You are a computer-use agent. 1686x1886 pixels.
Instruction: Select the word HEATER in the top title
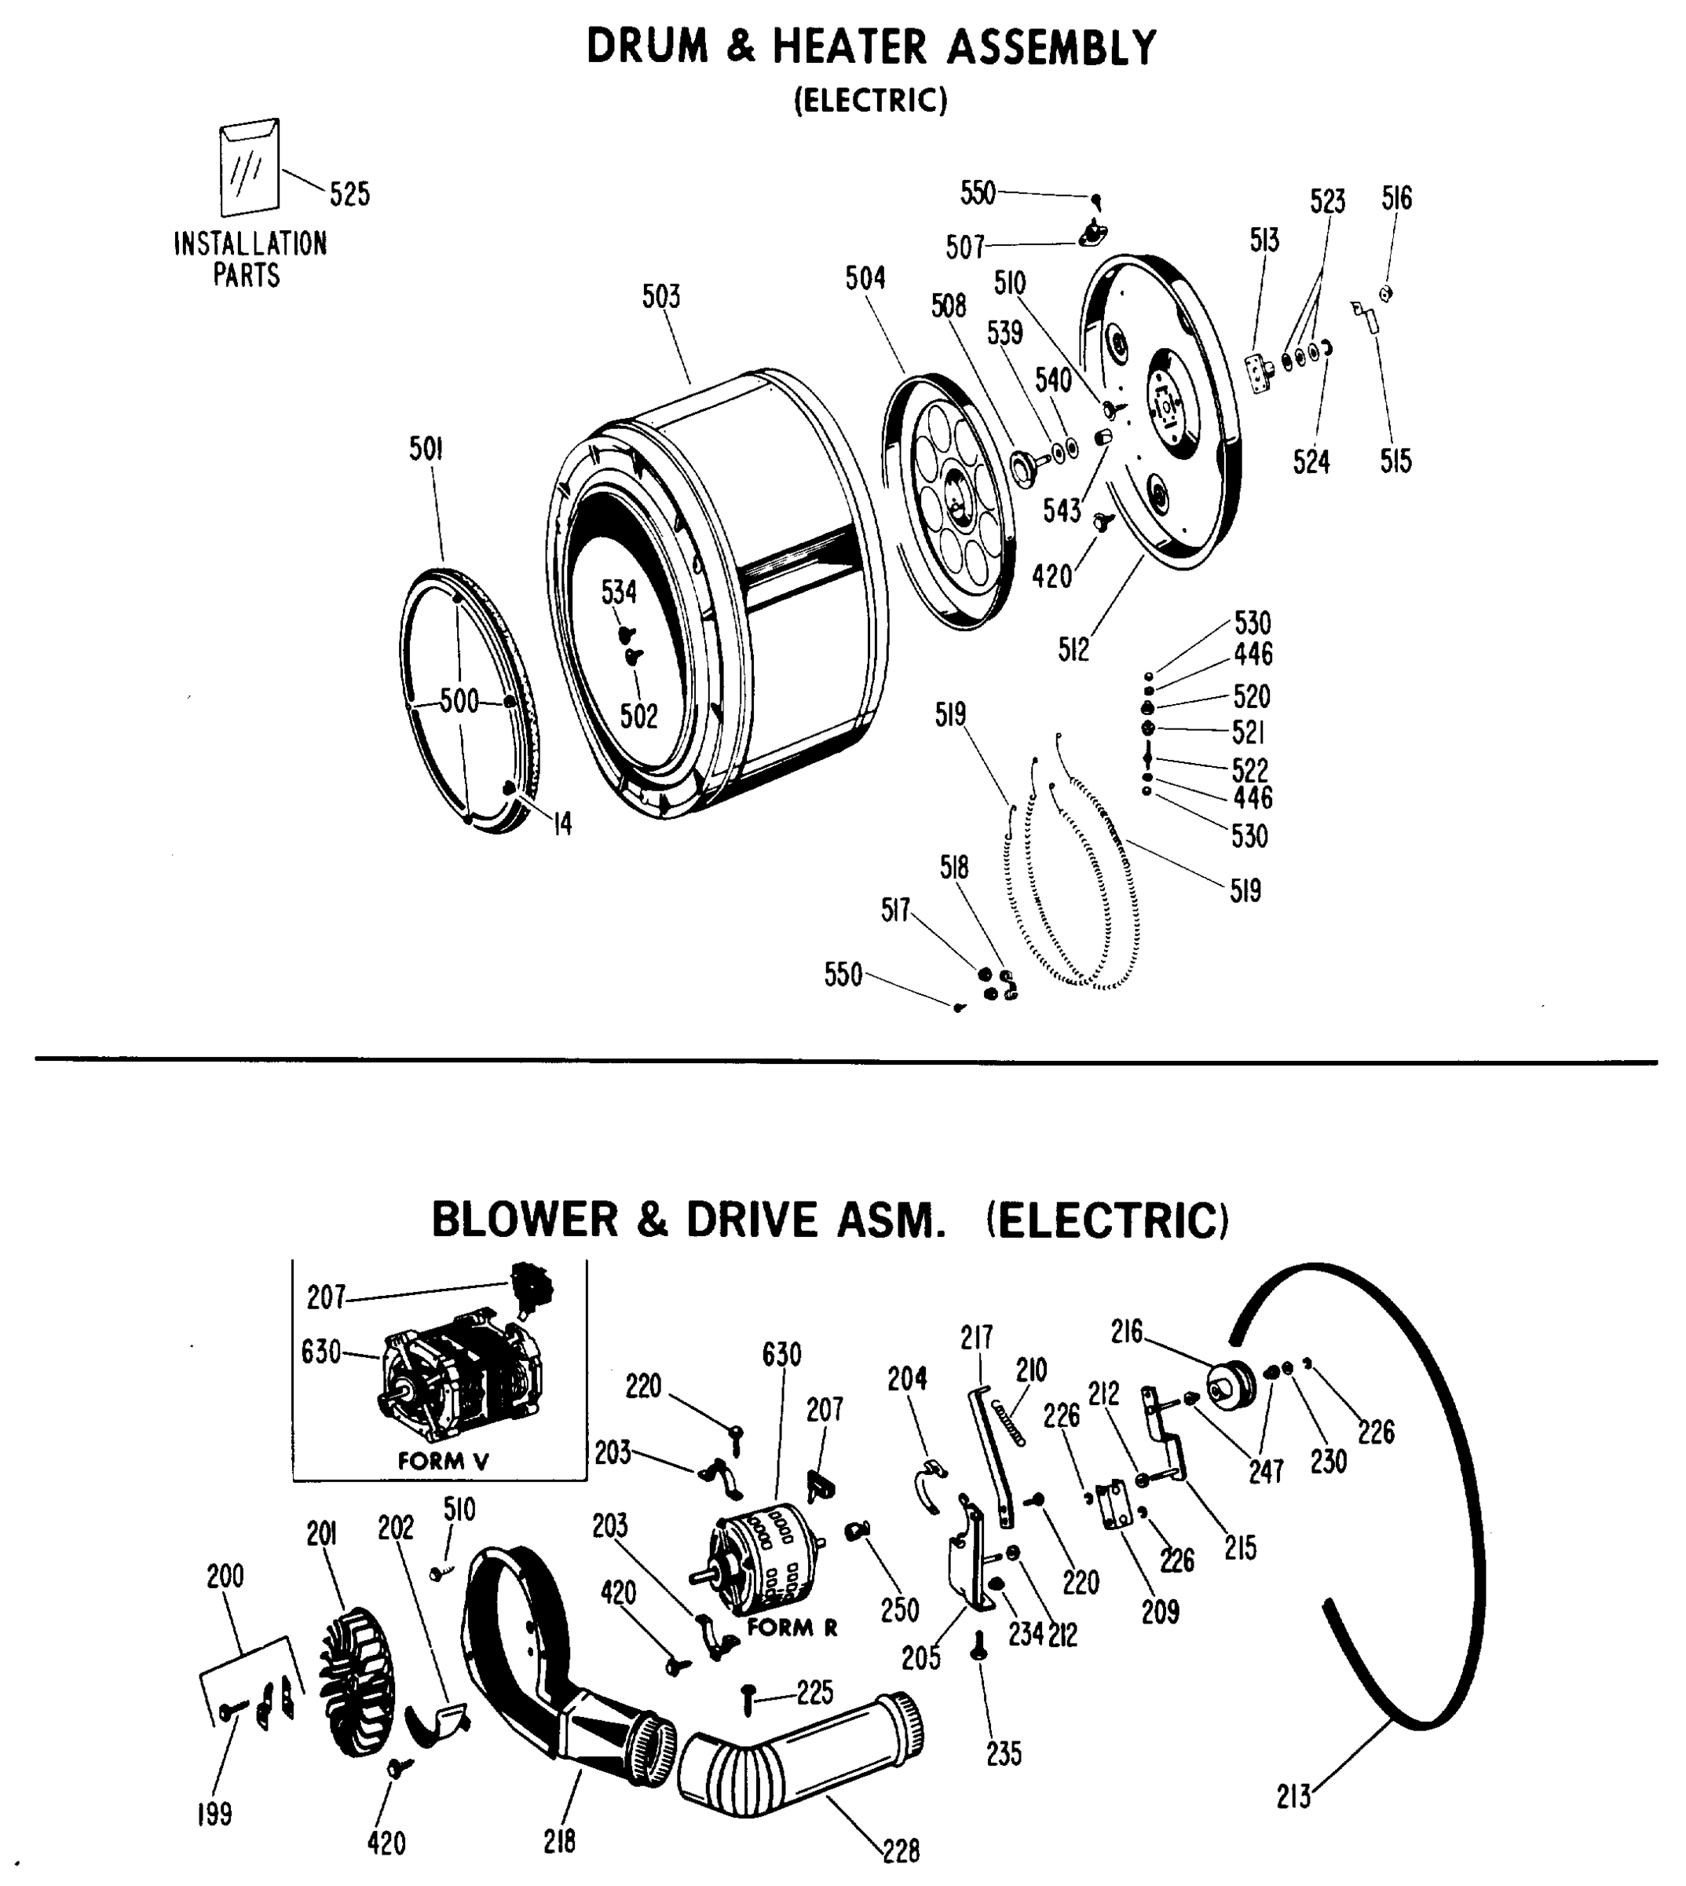tap(849, 48)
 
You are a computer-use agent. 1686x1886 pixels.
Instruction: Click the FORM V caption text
tap(443, 1462)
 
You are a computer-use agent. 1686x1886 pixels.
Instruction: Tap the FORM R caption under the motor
tap(792, 1627)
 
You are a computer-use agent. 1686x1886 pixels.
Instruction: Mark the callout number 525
tap(349, 195)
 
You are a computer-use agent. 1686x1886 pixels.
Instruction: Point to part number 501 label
tap(426, 449)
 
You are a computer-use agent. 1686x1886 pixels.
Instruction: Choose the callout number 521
tap(1248, 733)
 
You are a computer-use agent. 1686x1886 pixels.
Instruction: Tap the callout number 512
tap(1073, 651)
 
